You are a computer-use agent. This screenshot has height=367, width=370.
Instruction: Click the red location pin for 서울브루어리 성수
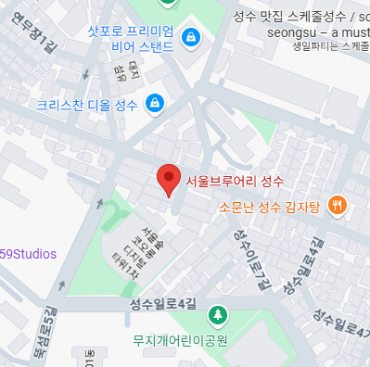coord(168,177)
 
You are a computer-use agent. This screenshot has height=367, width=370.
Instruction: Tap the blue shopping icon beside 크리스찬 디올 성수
coord(155,104)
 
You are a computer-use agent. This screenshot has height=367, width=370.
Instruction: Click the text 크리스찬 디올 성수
coord(87,105)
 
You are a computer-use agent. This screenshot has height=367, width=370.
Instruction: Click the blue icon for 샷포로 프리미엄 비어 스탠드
coord(191,37)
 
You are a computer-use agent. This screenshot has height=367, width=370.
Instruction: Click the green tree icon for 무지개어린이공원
coord(217,315)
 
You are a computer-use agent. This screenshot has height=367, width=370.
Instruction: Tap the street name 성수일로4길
coord(165,303)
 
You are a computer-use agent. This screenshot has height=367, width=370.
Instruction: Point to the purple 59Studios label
coord(28,254)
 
